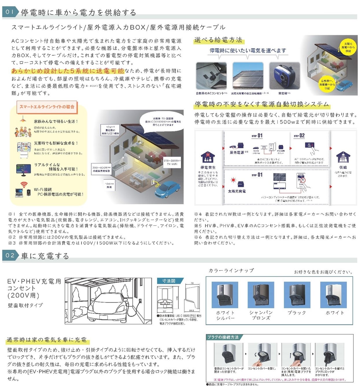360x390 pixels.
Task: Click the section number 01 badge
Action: coord(10,12)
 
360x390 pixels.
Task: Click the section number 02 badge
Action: coord(10,255)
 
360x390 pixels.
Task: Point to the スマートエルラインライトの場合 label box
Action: coord(47,107)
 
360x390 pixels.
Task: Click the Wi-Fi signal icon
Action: coord(24,184)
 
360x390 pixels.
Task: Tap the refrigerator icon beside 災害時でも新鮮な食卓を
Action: coord(24,150)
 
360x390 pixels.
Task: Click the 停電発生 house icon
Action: coord(208,158)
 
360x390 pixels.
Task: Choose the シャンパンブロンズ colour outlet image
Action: coord(261,295)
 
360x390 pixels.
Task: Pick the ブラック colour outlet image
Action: coord(297,295)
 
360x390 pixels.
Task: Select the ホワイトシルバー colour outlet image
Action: coord(225,295)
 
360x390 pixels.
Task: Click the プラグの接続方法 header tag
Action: coord(223,337)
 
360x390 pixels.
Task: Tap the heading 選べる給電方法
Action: coord(218,40)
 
